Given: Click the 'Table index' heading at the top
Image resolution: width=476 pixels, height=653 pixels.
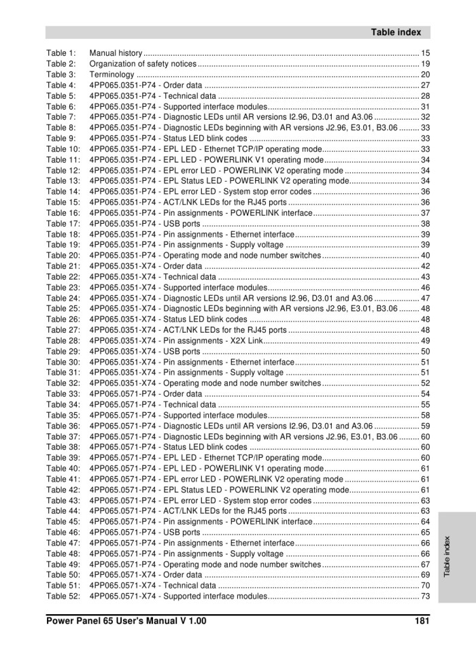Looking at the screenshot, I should (396, 32).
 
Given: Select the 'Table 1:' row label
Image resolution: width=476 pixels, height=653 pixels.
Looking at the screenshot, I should (61, 53).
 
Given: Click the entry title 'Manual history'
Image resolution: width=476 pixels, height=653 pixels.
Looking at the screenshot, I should (116, 53).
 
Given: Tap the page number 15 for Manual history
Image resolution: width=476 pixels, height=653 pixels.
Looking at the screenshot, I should (426, 53).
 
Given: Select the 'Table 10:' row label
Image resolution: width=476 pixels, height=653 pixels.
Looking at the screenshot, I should (63, 149).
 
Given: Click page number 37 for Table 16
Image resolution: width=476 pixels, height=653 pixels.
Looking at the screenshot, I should (426, 213).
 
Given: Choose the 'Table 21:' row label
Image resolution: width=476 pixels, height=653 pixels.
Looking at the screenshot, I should (63, 266).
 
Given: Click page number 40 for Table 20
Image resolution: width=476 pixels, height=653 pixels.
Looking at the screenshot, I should (426, 256).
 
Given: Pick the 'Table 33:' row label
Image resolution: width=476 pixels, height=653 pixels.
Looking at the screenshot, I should (63, 394).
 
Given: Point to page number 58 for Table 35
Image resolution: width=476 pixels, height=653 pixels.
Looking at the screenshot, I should (426, 416).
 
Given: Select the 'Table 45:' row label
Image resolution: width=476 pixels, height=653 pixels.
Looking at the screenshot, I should (63, 522).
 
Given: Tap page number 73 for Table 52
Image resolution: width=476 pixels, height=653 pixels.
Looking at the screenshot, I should (426, 597).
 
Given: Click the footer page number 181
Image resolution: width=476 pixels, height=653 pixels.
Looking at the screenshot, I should (422, 621).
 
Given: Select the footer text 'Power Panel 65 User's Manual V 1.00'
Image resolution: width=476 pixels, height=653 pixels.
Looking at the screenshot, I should (126, 621).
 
